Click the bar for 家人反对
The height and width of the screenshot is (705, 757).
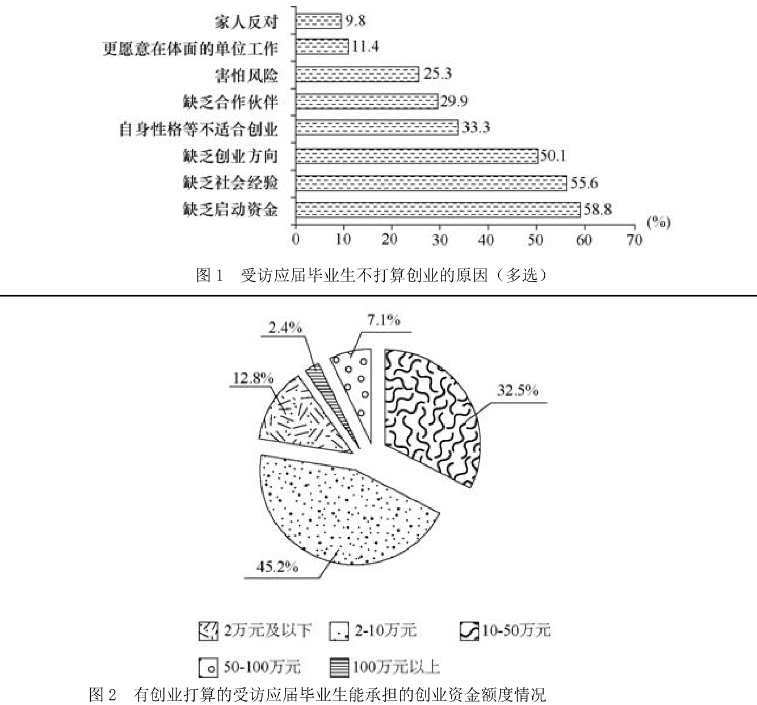[319, 21]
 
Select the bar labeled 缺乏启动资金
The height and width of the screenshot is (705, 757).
[438, 209]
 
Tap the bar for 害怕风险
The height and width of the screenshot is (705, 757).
[357, 74]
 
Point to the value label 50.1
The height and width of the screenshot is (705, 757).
[553, 156]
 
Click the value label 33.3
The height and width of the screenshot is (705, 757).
[476, 127]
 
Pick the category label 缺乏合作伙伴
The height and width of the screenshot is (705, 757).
[230, 102]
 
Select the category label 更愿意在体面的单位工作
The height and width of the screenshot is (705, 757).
[191, 48]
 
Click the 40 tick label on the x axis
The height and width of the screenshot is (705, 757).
[486, 240]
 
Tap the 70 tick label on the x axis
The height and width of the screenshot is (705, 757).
[634, 240]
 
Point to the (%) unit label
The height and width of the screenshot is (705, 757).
[658, 223]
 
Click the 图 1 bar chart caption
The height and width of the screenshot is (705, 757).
[372, 275]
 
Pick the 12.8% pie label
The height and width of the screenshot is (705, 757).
[253, 378]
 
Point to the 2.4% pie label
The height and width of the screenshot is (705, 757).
[285, 328]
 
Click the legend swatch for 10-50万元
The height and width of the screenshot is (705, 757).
[469, 631]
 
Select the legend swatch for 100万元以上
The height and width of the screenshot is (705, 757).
[338, 668]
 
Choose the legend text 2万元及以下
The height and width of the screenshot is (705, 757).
[268, 631]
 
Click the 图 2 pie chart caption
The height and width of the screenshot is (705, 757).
[317, 694]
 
